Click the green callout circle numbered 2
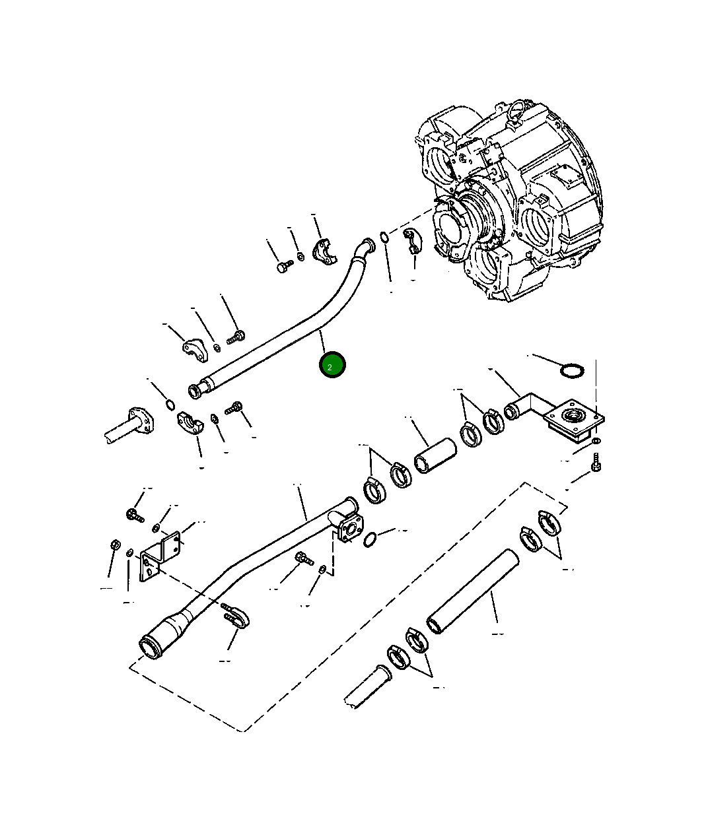(332, 365)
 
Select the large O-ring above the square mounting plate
(572, 371)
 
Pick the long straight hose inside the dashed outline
(473, 591)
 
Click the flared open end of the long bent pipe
(151, 646)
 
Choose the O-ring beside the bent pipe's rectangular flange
(371, 539)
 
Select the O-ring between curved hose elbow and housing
(384, 236)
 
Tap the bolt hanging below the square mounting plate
(596, 462)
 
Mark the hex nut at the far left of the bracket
(114, 546)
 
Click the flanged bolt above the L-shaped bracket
(133, 514)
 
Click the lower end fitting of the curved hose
(198, 390)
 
